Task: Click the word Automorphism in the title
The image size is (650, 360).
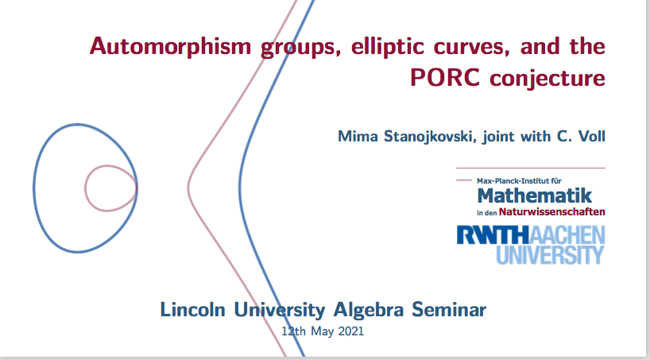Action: (x=170, y=46)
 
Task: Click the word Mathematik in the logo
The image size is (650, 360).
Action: (x=535, y=195)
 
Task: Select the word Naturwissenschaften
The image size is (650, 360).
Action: (x=551, y=211)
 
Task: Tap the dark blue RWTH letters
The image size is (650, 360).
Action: (x=493, y=234)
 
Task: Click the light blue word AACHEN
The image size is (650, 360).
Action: (x=567, y=234)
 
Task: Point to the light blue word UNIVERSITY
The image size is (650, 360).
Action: (x=550, y=254)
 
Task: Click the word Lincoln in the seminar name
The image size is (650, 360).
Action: (x=193, y=310)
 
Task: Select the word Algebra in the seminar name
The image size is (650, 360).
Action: (x=368, y=310)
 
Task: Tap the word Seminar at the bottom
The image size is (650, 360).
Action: (x=449, y=310)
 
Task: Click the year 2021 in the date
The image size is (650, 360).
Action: (x=350, y=331)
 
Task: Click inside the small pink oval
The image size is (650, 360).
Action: (x=110, y=188)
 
